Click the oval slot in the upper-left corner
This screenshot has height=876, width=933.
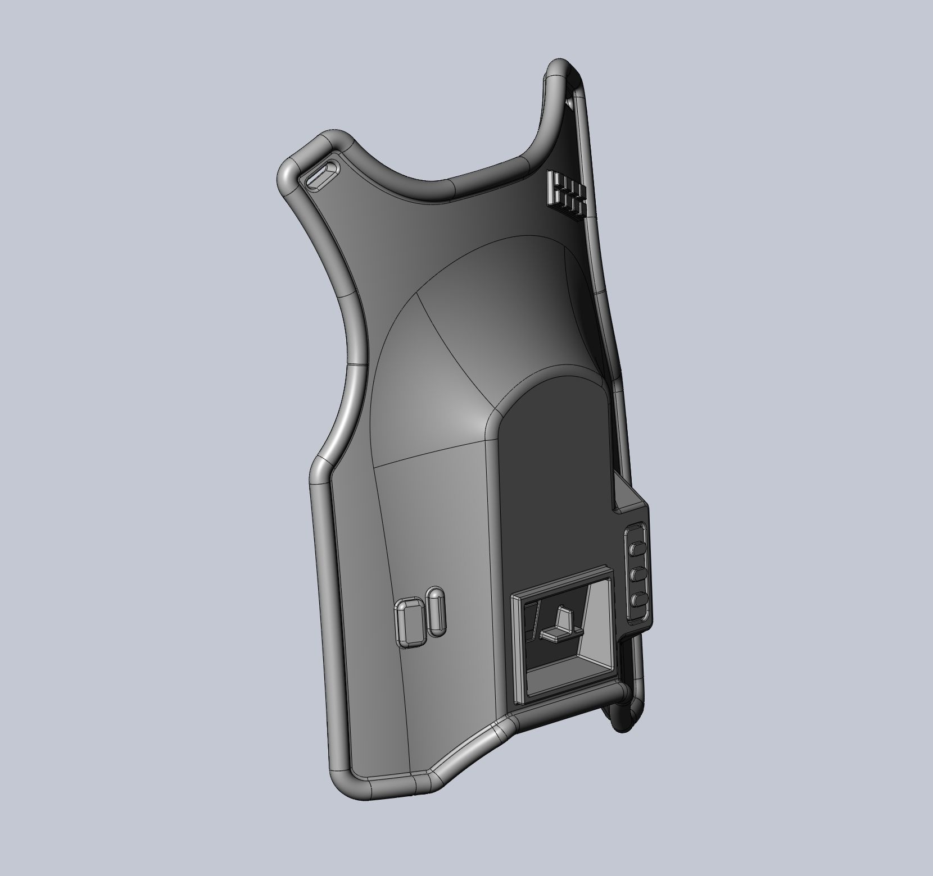[x=321, y=176]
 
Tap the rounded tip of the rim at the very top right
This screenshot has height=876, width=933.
[x=562, y=66]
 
